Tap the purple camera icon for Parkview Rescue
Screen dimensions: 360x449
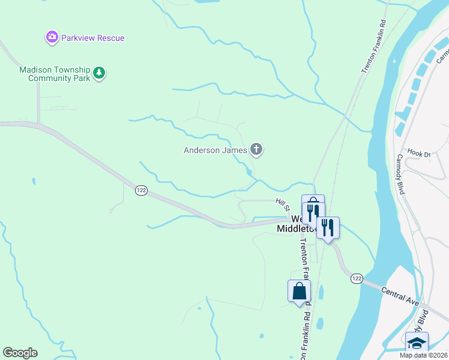pyautogui.click(x=52, y=38)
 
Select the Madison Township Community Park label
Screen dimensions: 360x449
pyautogui.click(x=54, y=74)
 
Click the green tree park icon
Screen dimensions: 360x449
pyautogui.click(x=100, y=74)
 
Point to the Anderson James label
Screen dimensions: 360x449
pyautogui.click(x=215, y=150)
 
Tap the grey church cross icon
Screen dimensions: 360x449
pyautogui.click(x=256, y=149)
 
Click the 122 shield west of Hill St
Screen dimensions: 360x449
pyautogui.click(x=141, y=190)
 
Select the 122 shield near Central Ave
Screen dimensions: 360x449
pyautogui.click(x=357, y=278)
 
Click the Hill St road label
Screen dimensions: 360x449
pyautogui.click(x=283, y=205)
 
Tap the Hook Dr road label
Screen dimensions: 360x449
pyautogui.click(x=419, y=154)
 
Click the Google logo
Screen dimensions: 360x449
pyautogui.click(x=20, y=353)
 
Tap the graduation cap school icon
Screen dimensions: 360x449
pyautogui.click(x=417, y=343)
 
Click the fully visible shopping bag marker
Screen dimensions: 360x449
pyautogui.click(x=299, y=292)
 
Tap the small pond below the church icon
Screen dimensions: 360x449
pyautogui.click(x=249, y=173)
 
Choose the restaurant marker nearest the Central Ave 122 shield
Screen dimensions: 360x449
pyautogui.click(x=328, y=228)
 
